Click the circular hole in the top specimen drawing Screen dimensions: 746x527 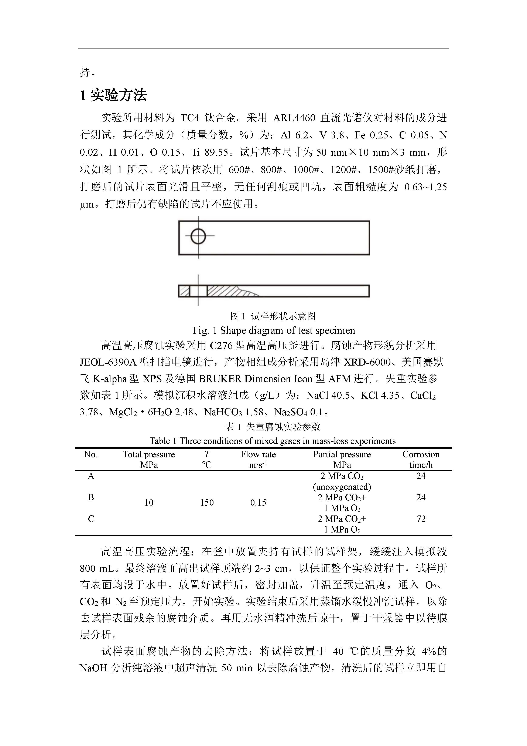pyautogui.click(x=198, y=236)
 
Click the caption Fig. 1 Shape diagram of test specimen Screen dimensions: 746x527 pyautogui.click(x=274, y=330)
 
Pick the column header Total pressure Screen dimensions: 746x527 pyautogui.click(x=149, y=454)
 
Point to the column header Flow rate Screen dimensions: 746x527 pyautogui.click(x=258, y=454)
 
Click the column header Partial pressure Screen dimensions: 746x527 pyautogui.click(x=342, y=454)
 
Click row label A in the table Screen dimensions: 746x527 pyautogui.click(x=91, y=476)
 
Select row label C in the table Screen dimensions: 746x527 pyautogui.click(x=91, y=519)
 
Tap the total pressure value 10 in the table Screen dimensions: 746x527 pyautogui.click(x=149, y=503)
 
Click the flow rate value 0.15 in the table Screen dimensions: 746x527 pyautogui.click(x=258, y=503)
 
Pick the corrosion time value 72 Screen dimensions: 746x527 pyautogui.click(x=421, y=519)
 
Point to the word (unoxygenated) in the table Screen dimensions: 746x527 pyautogui.click(x=342, y=487)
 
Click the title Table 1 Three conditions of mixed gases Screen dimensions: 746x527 pyautogui.click(x=272, y=441)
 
